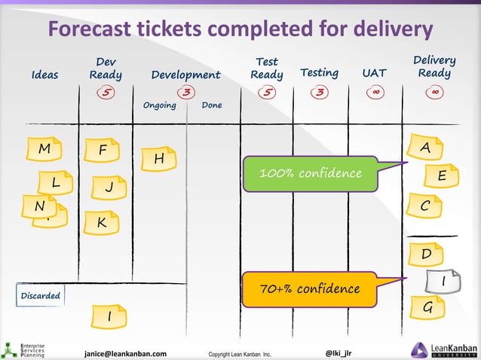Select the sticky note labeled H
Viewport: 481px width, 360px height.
click(x=159, y=159)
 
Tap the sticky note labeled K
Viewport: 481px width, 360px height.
click(x=101, y=224)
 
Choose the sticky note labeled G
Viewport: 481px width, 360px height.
click(x=427, y=307)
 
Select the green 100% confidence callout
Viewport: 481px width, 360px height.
click(x=310, y=174)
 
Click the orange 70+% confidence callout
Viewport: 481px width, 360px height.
click(x=310, y=289)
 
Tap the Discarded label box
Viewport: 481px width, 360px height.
click(x=40, y=296)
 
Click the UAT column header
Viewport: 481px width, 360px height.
click(x=374, y=74)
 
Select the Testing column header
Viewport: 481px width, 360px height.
click(x=319, y=73)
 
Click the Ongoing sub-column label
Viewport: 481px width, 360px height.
click(x=159, y=105)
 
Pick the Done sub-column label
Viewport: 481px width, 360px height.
click(x=212, y=105)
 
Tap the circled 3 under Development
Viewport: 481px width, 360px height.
click(x=184, y=93)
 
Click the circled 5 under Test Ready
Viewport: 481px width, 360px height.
click(x=266, y=93)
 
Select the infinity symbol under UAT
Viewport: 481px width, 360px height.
click(x=375, y=93)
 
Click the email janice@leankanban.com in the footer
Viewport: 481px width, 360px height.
click(x=125, y=352)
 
